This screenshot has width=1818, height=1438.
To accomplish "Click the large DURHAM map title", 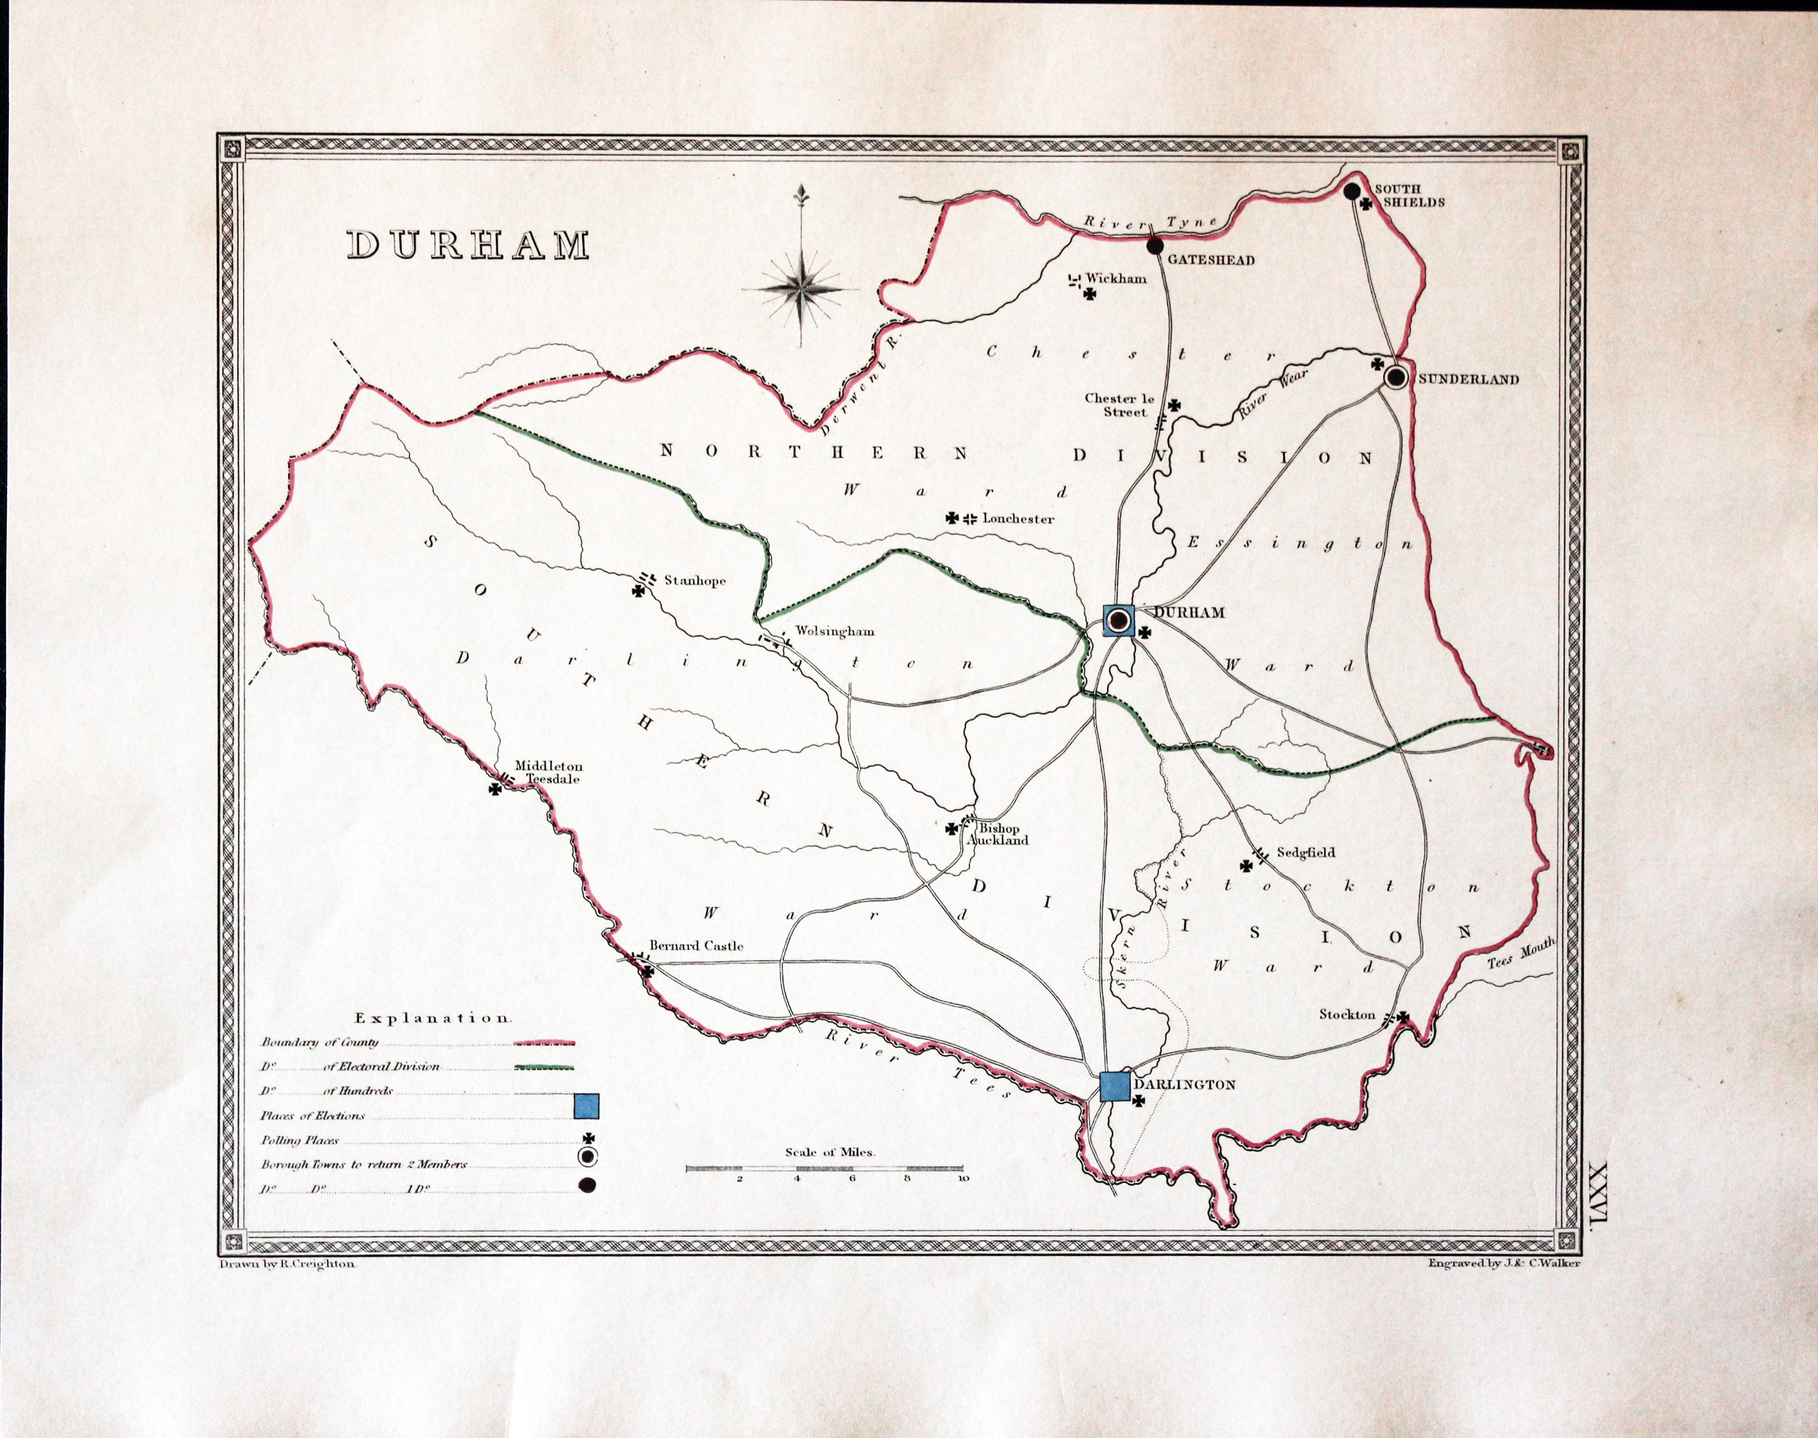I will tap(468, 245).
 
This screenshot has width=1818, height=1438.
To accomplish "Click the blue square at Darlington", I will tap(1114, 1086).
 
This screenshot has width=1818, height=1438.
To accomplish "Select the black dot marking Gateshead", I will tap(1154, 245).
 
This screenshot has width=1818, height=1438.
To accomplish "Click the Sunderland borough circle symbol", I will tap(1395, 377).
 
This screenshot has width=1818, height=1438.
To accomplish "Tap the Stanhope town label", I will tap(694, 580).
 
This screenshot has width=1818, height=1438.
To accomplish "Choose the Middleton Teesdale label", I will tap(548, 773).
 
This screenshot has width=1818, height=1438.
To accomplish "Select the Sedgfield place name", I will tap(1305, 852).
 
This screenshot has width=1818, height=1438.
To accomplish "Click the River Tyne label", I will tap(1150, 223).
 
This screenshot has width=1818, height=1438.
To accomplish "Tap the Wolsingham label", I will tap(834, 631).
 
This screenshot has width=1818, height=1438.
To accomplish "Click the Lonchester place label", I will tap(1017, 519).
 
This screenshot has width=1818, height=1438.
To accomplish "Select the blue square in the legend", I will tap(586, 1105).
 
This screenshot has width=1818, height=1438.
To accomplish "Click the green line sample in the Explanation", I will tap(543, 1067).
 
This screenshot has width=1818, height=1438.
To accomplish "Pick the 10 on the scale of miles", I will tap(962, 1178).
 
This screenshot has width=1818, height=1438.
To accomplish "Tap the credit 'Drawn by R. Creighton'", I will tap(288, 1264).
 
